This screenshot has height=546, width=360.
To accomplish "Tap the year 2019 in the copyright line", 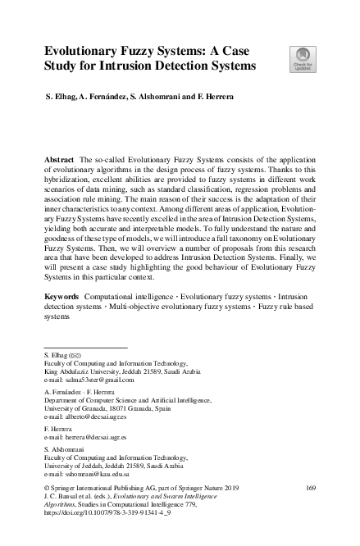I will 229,488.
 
